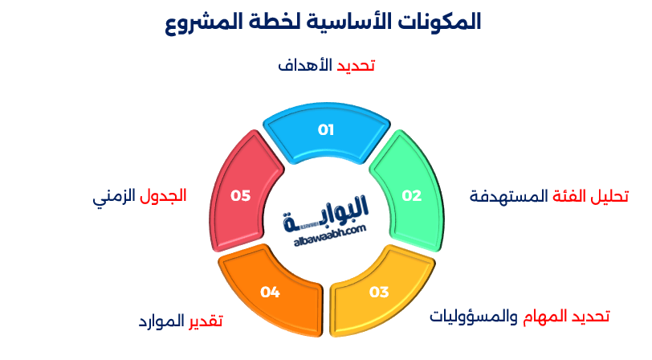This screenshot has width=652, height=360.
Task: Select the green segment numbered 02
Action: (411, 195)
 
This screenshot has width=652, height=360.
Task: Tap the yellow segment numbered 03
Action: (378, 291)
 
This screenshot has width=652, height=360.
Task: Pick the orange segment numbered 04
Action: (271, 292)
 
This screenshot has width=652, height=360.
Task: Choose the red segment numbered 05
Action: (241, 195)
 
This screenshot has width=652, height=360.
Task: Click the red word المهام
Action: (547, 316)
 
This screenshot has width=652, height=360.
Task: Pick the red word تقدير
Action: (206, 321)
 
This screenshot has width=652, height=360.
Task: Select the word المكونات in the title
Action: (438, 22)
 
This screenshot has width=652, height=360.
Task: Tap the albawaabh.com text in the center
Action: (325, 230)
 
